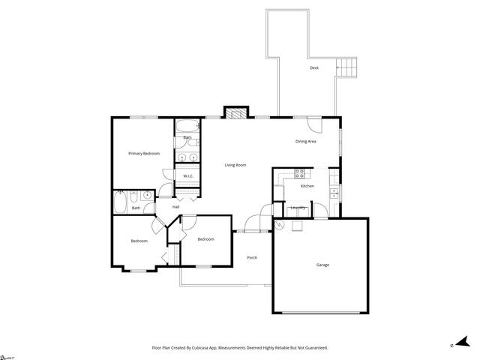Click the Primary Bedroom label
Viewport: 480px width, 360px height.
pyautogui.click(x=143, y=154)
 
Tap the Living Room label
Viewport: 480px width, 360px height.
pyautogui.click(x=235, y=165)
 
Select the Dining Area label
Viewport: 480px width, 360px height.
pyautogui.click(x=305, y=141)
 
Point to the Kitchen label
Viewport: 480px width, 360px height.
pyautogui.click(x=307, y=186)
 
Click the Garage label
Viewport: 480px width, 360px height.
pyautogui.click(x=322, y=265)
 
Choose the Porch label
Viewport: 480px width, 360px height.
pyautogui.click(x=252, y=258)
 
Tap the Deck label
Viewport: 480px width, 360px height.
pyautogui.click(x=314, y=68)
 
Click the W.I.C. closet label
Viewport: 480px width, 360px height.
pyautogui.click(x=188, y=176)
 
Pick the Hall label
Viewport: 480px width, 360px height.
pyautogui.click(x=176, y=207)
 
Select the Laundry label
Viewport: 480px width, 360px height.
pyautogui.click(x=297, y=208)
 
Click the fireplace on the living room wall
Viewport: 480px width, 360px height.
pyautogui.click(x=235, y=113)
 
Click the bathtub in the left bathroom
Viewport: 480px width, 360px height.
pyautogui.click(x=121, y=202)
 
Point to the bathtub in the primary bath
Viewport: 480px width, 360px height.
pyautogui.click(x=187, y=124)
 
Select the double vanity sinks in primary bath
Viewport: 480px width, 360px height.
pyautogui.click(x=187, y=157)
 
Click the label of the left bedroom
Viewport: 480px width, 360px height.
pyautogui.click(x=139, y=241)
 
